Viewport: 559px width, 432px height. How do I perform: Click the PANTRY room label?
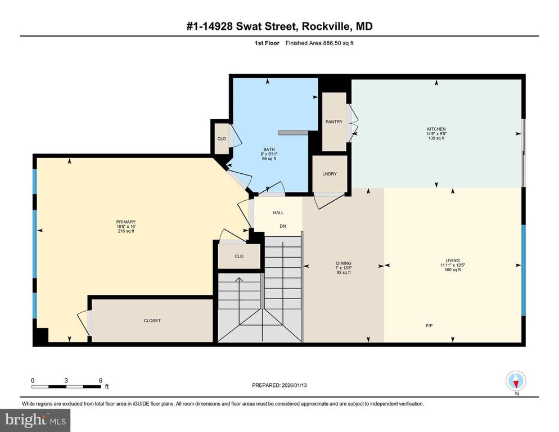[334, 122]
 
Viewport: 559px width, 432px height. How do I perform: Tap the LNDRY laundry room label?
[330, 174]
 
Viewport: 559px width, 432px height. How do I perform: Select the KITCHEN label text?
[436, 129]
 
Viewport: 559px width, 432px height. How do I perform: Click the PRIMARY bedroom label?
[126, 222]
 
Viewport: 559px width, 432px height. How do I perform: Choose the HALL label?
[278, 213]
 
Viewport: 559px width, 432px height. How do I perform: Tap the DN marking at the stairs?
[283, 226]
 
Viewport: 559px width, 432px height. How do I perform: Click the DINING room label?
[344, 263]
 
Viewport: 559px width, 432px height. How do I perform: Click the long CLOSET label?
[152, 321]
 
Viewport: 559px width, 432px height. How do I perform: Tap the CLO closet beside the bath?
[222, 139]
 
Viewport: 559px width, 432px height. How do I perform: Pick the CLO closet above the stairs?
[239, 256]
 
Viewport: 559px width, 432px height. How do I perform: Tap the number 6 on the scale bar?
[100, 380]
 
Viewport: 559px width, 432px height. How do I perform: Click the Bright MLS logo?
[35, 419]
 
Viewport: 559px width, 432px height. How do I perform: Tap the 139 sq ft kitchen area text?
[436, 138]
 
